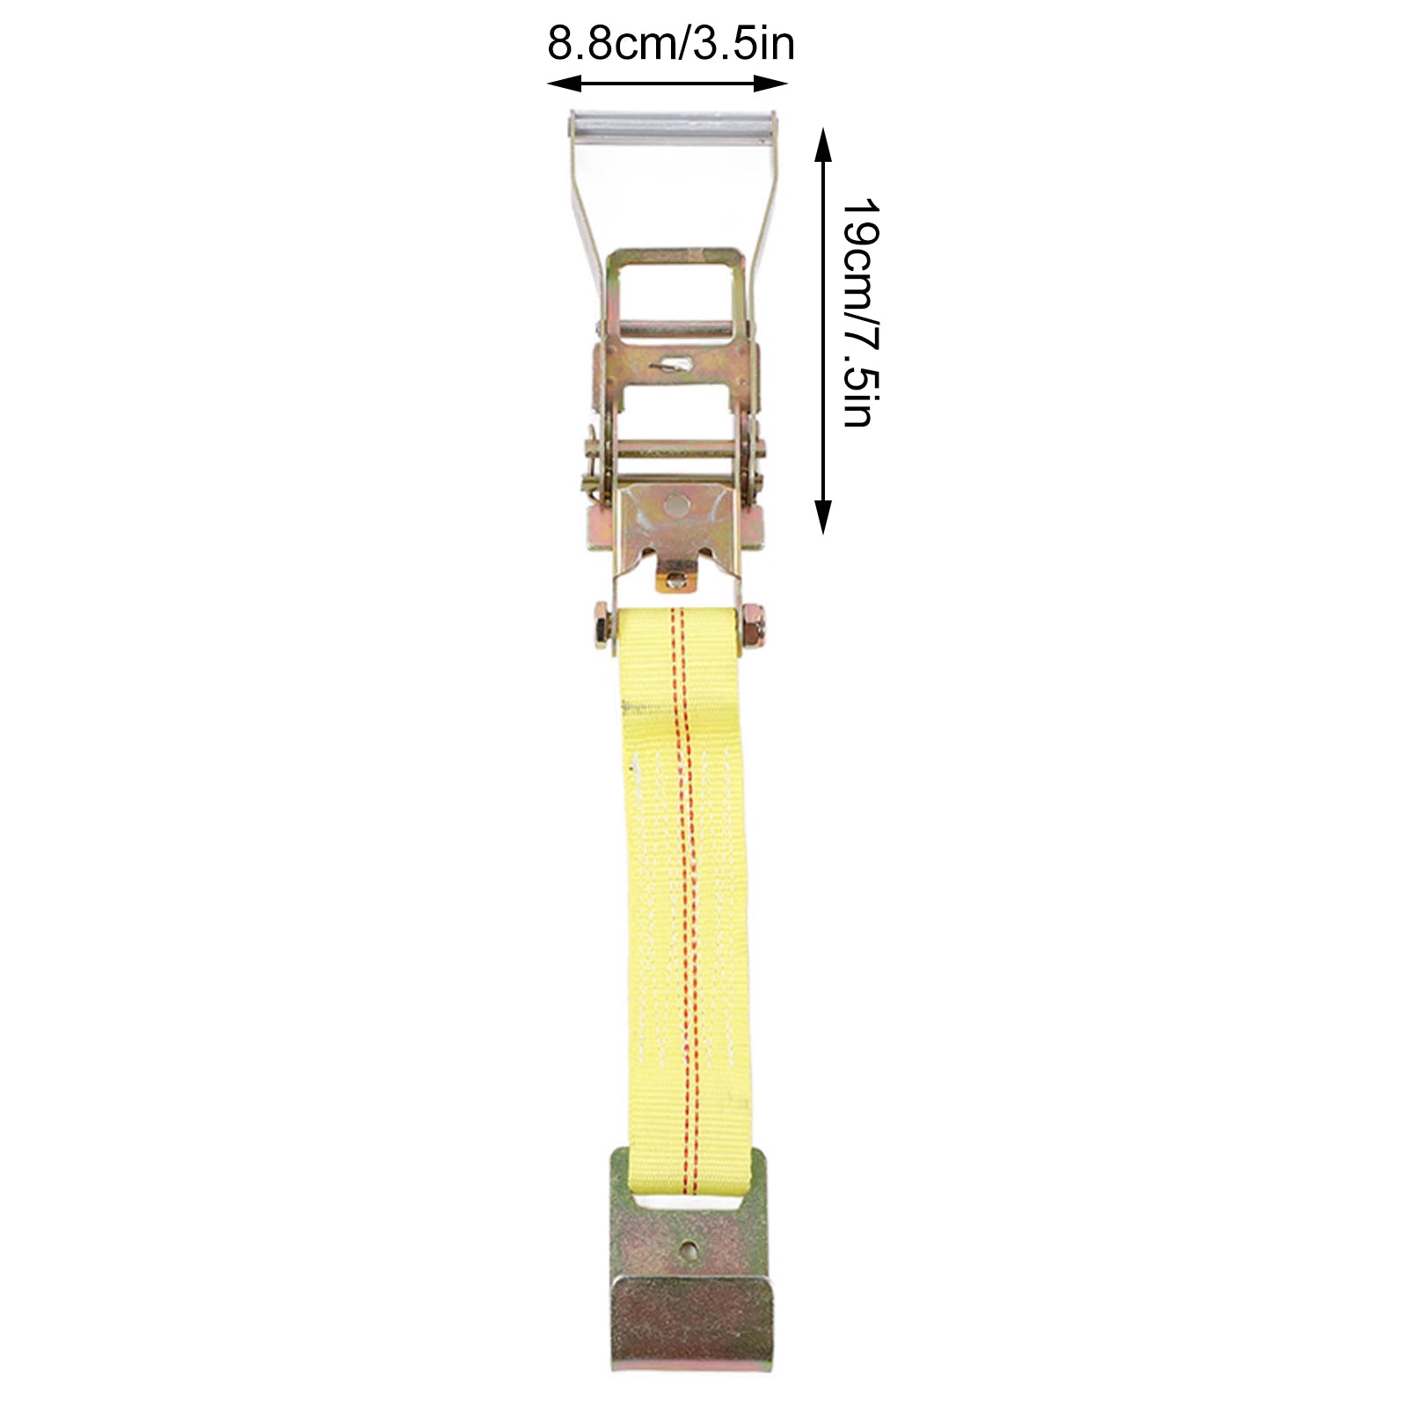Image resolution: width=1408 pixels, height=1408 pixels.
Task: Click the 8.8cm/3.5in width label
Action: pos(670,44)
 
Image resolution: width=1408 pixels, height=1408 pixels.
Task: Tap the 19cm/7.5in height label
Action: pos(859,313)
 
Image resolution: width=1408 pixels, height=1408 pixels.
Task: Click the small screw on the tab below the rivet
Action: pos(675,580)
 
